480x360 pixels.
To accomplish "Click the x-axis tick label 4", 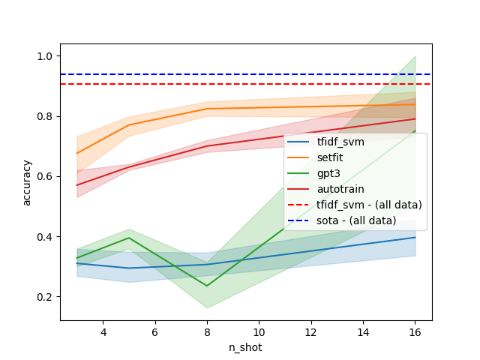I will (103, 331).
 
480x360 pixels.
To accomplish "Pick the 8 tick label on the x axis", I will (207, 331).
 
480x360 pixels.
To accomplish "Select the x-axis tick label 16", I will (415, 331).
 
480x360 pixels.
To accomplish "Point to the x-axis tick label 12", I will (310, 331).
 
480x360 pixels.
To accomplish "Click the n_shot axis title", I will (246, 347).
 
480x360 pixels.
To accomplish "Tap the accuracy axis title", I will (27, 182).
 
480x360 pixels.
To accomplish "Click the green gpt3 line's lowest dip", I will (207, 286).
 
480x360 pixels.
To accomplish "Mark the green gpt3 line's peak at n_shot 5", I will (129, 238).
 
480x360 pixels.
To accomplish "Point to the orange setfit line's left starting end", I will (77, 154).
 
